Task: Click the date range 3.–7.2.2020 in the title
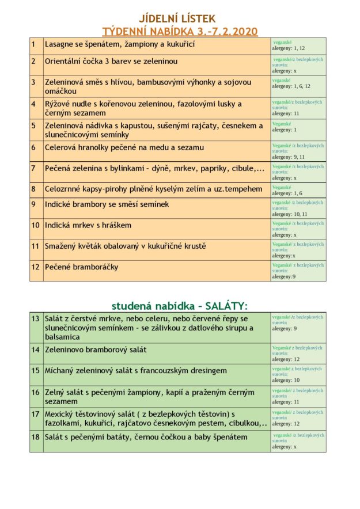222,31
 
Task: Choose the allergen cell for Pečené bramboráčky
298,271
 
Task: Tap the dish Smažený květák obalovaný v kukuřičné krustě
125,246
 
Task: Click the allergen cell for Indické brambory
298,208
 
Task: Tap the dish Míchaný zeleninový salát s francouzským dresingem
135,371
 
